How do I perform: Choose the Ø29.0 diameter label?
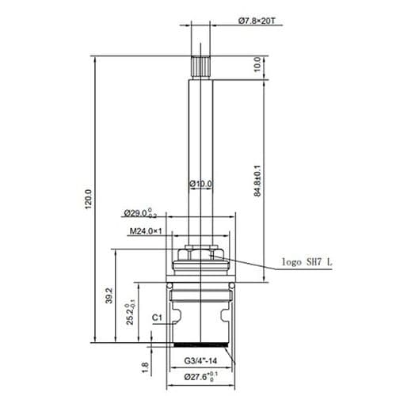click(x=140, y=214)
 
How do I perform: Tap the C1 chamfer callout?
click(x=157, y=318)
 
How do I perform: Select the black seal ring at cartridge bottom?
click(x=200, y=346)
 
